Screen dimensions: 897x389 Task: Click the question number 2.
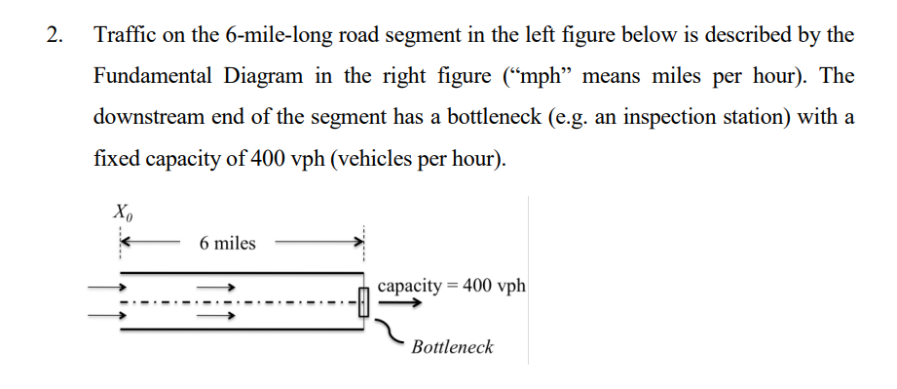click(x=53, y=37)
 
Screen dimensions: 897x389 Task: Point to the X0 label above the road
click(x=121, y=211)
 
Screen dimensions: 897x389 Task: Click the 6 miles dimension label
click(x=227, y=243)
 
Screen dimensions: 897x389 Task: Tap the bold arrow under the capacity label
click(x=400, y=303)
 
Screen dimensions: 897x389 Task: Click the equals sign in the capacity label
click(x=455, y=286)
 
